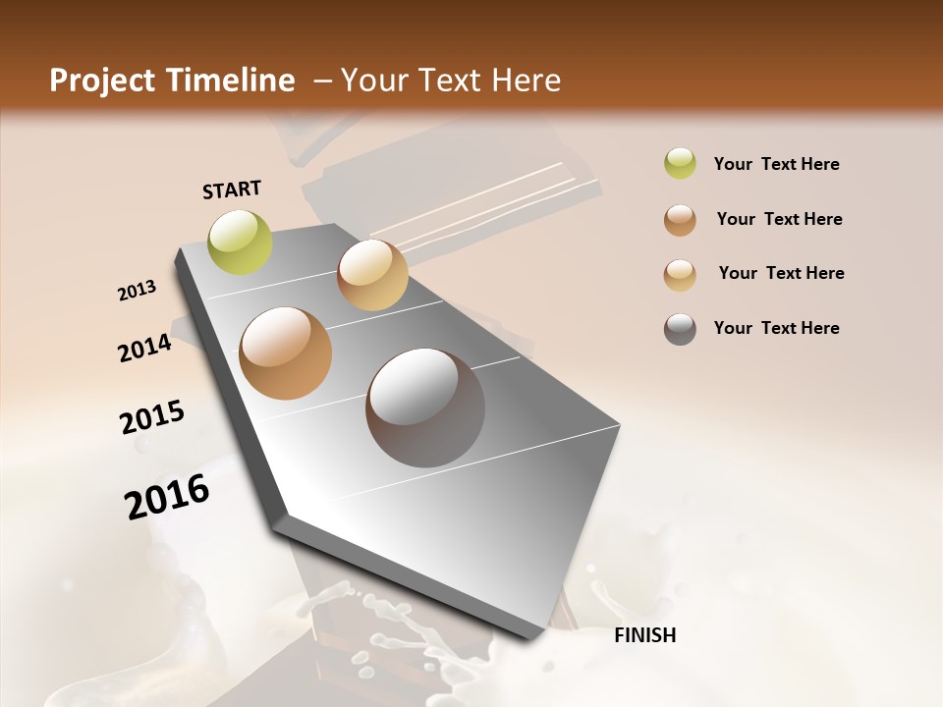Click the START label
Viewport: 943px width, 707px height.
point(232,190)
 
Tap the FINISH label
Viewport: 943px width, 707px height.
point(644,635)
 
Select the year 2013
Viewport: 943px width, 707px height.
point(138,291)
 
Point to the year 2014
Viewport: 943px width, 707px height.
point(144,348)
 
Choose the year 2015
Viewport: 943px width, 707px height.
point(152,417)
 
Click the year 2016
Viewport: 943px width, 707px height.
point(167,497)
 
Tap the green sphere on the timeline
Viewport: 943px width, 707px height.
point(240,242)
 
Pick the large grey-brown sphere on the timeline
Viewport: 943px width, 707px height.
point(425,408)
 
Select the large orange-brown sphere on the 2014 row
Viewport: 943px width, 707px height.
point(286,353)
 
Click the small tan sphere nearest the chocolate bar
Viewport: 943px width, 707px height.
point(372,275)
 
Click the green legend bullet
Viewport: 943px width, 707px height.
point(680,164)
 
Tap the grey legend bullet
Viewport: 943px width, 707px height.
point(680,329)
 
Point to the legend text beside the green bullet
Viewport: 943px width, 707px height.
point(776,164)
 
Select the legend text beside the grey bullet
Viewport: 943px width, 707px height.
point(776,328)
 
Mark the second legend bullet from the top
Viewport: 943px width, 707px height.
point(680,220)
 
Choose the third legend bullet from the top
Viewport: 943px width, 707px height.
point(680,274)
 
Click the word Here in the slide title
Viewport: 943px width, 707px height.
point(526,81)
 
